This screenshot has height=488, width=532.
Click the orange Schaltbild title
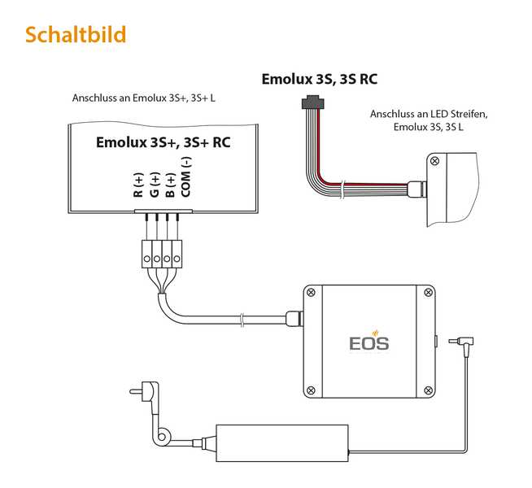[75, 35]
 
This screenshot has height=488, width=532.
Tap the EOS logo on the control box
[368, 341]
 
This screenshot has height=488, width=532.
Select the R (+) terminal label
[138, 185]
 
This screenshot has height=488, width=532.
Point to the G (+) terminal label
[155, 185]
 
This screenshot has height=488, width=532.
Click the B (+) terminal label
[170, 185]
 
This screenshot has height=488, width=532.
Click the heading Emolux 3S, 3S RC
[319, 79]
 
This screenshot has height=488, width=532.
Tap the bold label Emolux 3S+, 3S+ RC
[163, 142]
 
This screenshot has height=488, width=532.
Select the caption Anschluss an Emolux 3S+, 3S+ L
[149, 98]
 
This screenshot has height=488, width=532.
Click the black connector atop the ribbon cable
[311, 102]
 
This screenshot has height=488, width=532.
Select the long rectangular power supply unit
[281, 439]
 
